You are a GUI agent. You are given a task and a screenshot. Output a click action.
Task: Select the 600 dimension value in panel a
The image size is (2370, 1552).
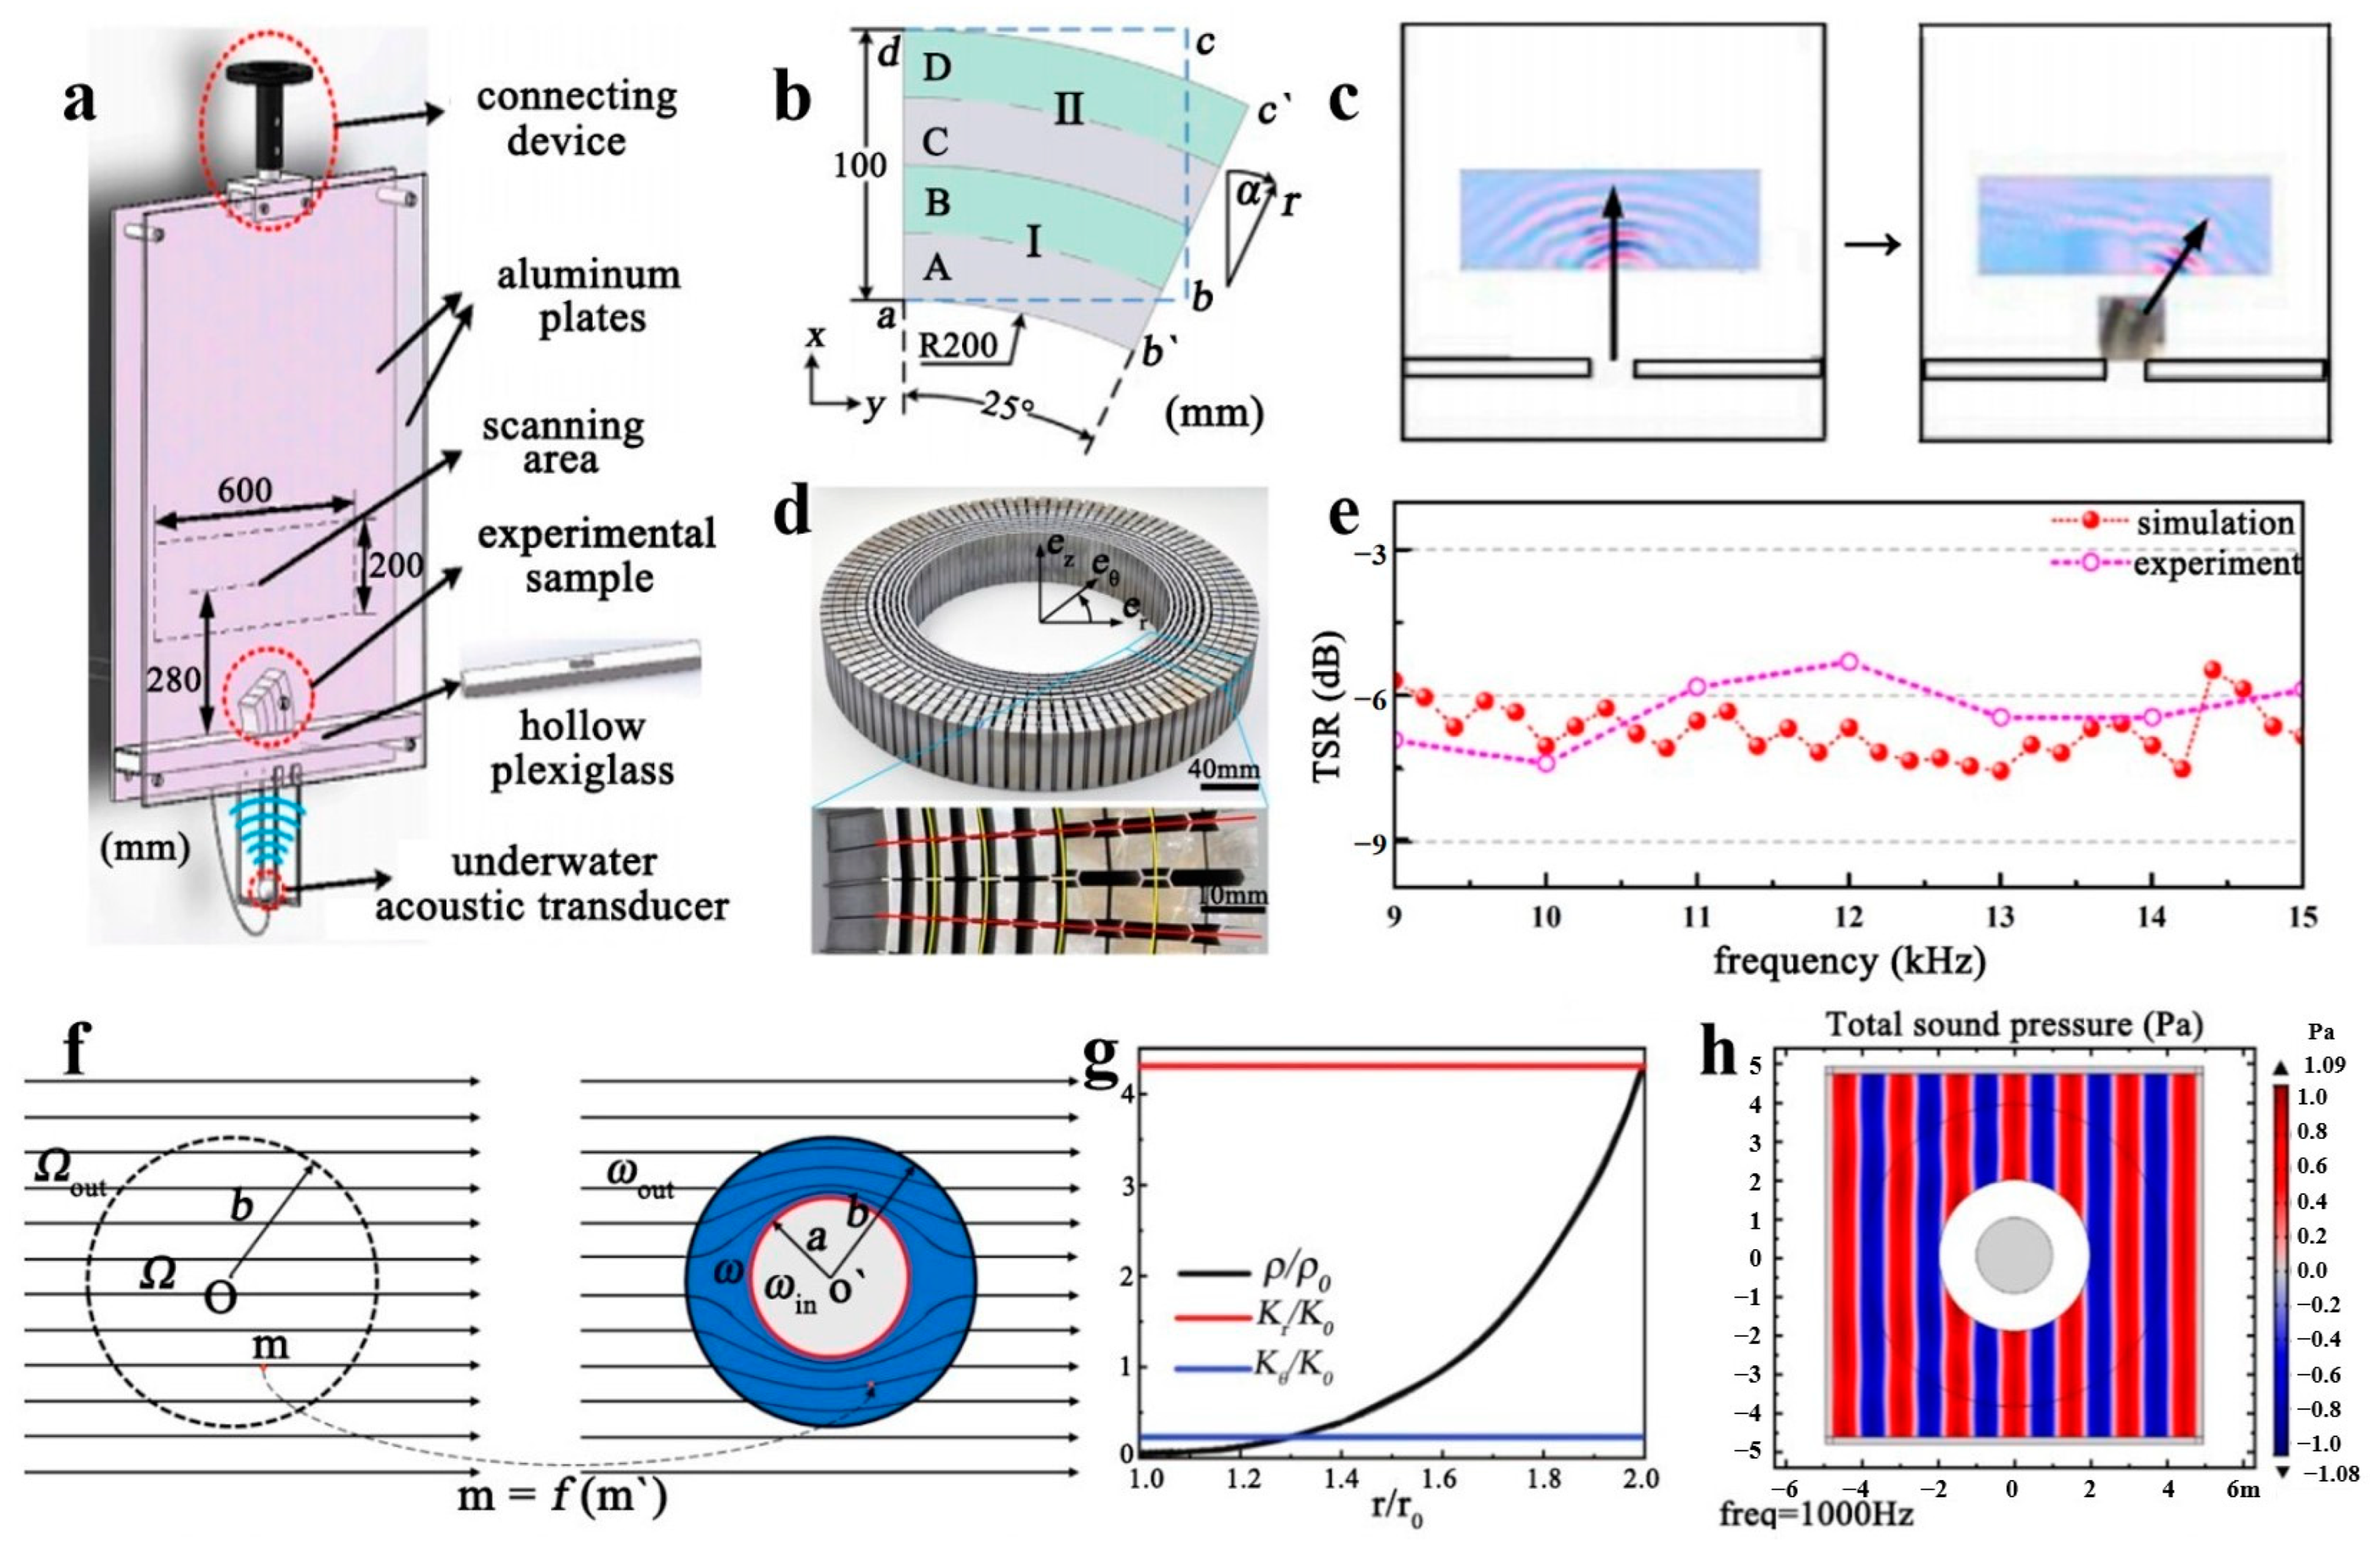[245, 490]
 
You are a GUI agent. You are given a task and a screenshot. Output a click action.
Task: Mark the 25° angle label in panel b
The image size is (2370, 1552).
[1008, 407]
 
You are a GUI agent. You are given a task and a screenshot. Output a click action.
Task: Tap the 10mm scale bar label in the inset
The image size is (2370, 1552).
[1233, 894]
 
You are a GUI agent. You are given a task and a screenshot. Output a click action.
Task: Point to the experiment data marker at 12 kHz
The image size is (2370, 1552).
[1849, 661]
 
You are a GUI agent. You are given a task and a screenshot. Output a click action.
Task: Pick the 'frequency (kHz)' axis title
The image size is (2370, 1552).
[1849, 960]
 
